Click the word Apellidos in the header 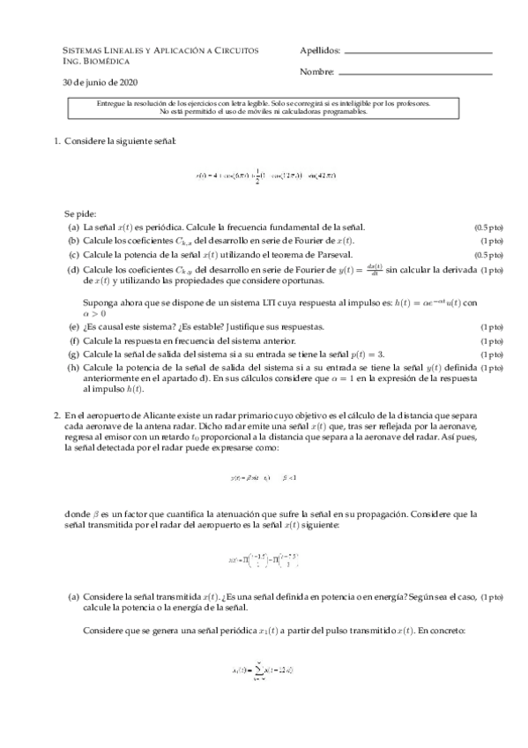click(x=319, y=51)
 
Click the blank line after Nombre click(x=414, y=72)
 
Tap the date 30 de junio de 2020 click(x=100, y=83)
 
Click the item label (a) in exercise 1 click(x=73, y=228)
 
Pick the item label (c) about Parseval click(x=73, y=254)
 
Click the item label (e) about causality click(x=73, y=326)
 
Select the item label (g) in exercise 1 click(x=73, y=355)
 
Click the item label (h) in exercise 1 click(x=73, y=368)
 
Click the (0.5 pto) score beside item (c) click(x=487, y=254)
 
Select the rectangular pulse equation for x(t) click(x=264, y=559)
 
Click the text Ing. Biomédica click(x=97, y=62)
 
